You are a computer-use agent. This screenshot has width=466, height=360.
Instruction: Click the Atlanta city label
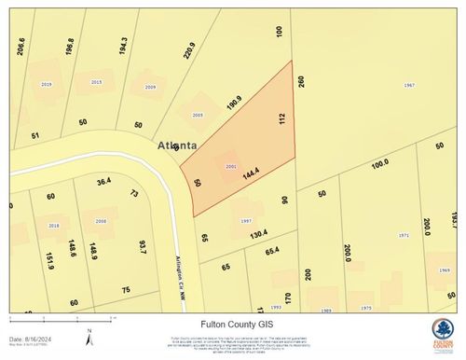click(x=177, y=145)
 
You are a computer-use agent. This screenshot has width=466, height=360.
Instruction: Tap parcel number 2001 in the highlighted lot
click(x=231, y=166)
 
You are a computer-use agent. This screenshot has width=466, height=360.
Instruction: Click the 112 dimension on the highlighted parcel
click(x=281, y=118)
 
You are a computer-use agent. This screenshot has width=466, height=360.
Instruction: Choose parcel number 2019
click(x=47, y=84)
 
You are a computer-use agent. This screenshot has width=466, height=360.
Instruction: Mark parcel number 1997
click(x=245, y=220)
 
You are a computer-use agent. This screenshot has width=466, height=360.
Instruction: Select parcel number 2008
click(x=101, y=221)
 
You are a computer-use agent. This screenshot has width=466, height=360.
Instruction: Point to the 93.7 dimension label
click(x=143, y=247)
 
